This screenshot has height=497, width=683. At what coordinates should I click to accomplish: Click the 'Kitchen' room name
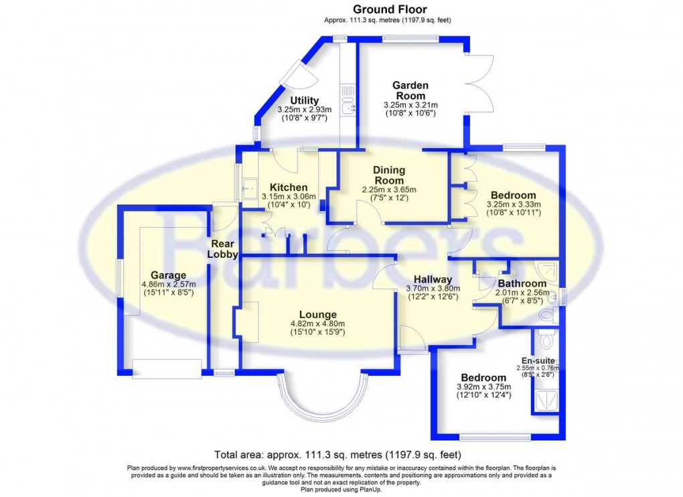[289, 187]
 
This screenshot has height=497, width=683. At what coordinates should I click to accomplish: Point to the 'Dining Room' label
[389, 175]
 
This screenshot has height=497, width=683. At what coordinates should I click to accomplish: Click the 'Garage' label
[168, 275]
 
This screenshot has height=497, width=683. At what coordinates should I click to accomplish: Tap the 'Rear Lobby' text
[222, 249]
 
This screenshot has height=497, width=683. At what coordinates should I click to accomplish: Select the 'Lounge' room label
[317, 314]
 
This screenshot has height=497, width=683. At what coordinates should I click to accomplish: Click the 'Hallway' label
[433, 279]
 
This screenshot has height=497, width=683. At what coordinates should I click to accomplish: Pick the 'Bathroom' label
[521, 283]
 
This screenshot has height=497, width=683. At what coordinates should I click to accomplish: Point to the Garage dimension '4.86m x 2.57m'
[168, 284]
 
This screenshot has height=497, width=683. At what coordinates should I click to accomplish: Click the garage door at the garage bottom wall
[167, 368]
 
